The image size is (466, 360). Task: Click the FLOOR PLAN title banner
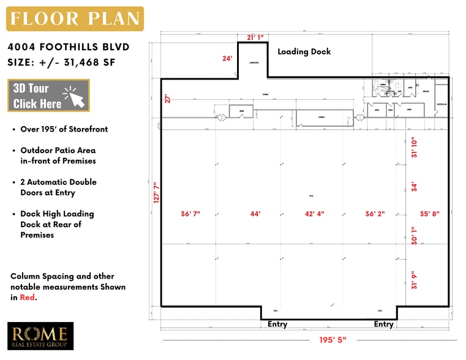click(x=75, y=18)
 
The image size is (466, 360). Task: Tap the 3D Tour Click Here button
click(x=48, y=96)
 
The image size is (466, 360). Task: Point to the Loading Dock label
click(x=304, y=51)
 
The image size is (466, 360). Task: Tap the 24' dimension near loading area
click(x=227, y=59)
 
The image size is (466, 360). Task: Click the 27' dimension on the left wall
click(x=166, y=99)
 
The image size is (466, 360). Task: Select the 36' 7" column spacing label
click(x=190, y=214)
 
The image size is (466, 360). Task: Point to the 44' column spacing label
click(x=255, y=214)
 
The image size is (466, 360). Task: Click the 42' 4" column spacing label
click(x=314, y=214)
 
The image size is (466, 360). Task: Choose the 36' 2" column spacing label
click(x=375, y=214)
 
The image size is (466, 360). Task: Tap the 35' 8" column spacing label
click(x=429, y=214)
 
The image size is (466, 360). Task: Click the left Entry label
click(x=277, y=324)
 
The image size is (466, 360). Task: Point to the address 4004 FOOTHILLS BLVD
click(x=69, y=47)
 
